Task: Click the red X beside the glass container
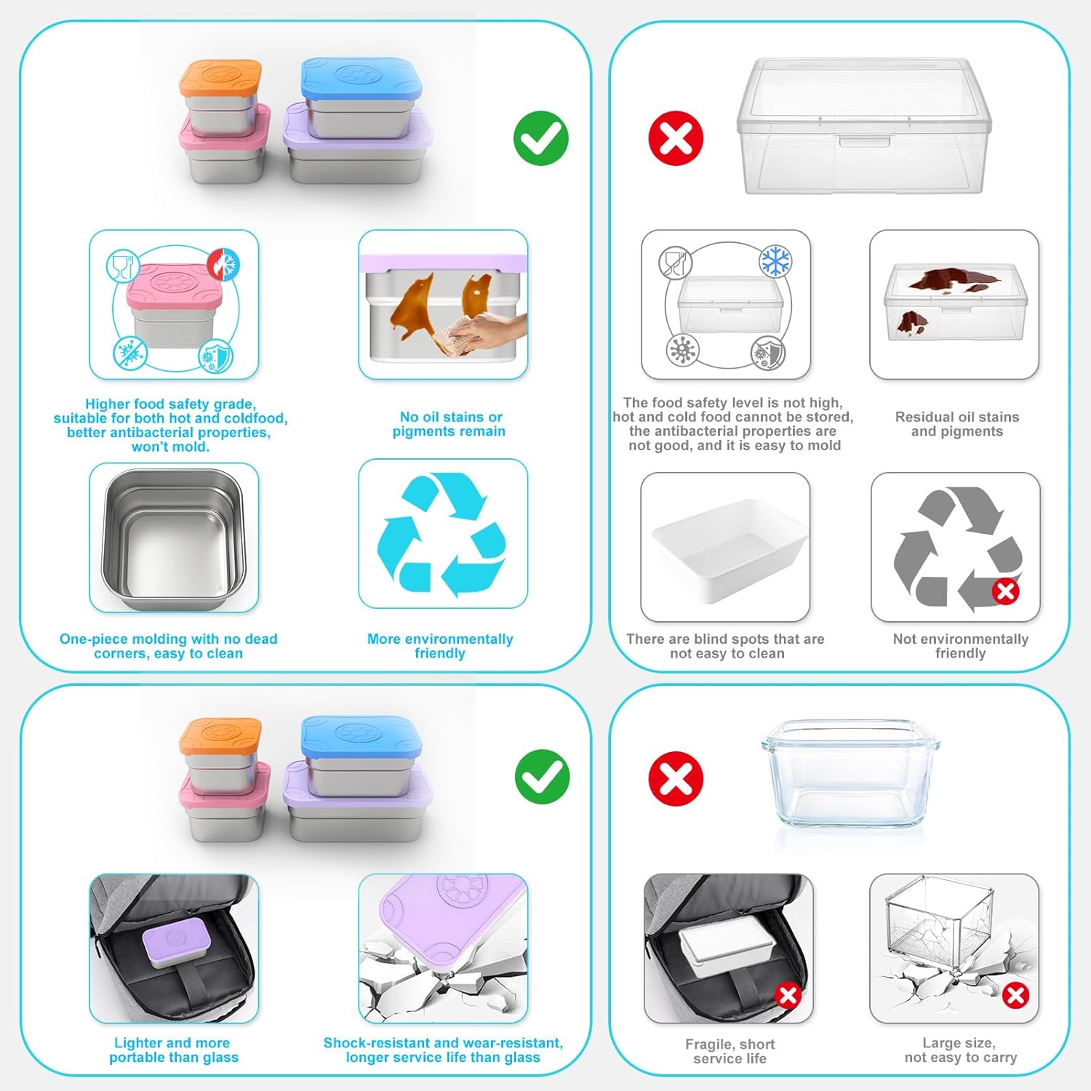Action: tap(676, 778)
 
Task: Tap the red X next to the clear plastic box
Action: tap(676, 138)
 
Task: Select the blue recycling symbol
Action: tap(441, 534)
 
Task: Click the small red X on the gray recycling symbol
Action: tap(1005, 591)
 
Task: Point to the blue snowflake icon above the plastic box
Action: tap(775, 261)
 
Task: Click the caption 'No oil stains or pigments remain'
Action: tap(449, 424)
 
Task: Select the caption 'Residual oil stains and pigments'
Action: tap(956, 424)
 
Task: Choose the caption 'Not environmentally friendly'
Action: tap(960, 646)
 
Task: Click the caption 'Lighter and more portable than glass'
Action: tap(173, 1050)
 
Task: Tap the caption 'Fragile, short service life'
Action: tap(730, 1051)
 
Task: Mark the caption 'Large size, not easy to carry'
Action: tap(960, 1050)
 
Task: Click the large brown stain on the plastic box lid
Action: tap(954, 278)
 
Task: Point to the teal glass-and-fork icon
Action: tap(122, 265)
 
